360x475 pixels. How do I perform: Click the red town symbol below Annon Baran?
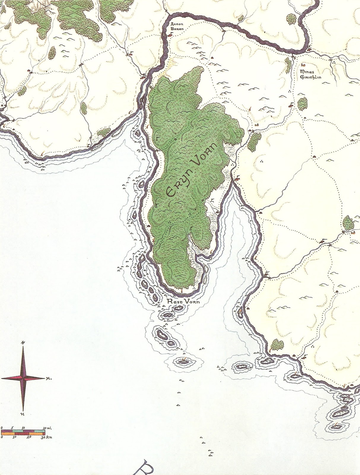(170, 35)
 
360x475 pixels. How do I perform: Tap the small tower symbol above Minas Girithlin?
(303, 64)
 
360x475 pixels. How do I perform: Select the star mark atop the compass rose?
(23, 343)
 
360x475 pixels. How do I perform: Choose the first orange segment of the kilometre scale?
(7, 434)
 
